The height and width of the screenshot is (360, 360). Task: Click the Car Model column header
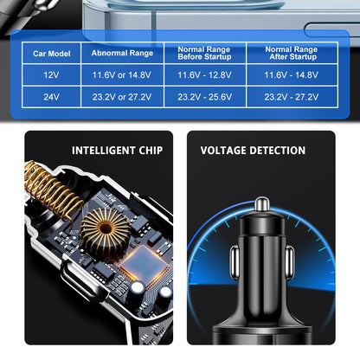51,54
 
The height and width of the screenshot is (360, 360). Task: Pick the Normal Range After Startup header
291,54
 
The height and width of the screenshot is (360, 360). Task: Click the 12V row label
51,76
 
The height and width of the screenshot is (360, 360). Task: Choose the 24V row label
51,97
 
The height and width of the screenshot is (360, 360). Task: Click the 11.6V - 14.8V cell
291,76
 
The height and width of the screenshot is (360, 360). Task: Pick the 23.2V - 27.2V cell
291,97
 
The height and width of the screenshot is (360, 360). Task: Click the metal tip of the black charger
260,204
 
